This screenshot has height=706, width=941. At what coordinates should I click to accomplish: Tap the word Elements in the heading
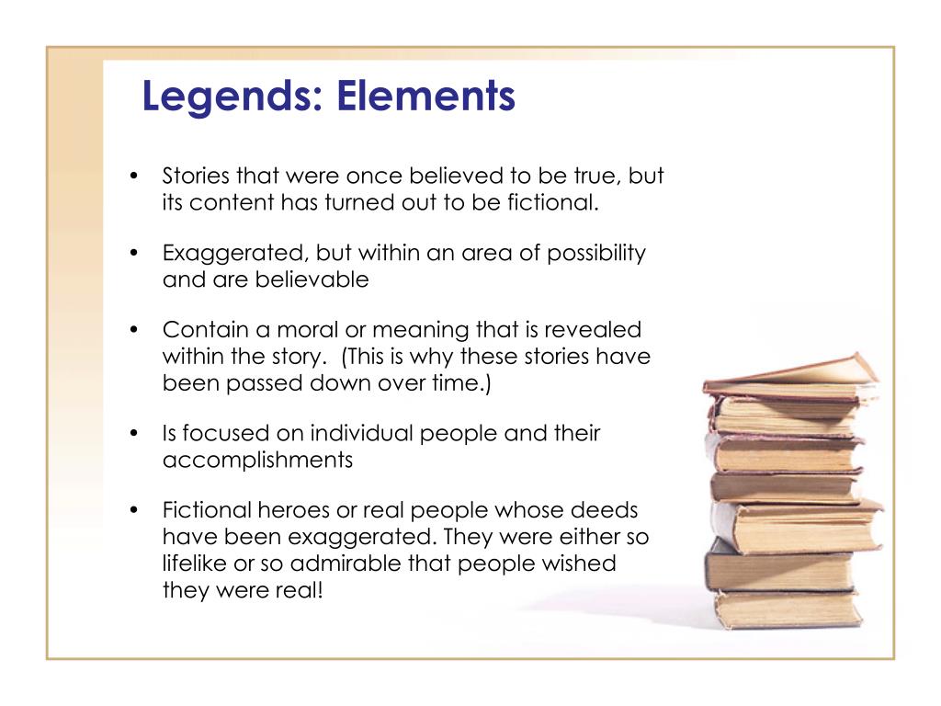coord(426,97)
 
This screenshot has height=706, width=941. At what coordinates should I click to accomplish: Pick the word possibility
coord(596,253)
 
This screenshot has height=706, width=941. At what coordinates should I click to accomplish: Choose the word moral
coord(315,329)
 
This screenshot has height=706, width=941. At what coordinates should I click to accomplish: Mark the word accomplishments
coord(257,460)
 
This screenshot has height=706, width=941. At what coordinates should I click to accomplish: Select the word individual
coord(362,433)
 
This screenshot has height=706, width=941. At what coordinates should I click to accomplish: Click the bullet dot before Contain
coord(134,330)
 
